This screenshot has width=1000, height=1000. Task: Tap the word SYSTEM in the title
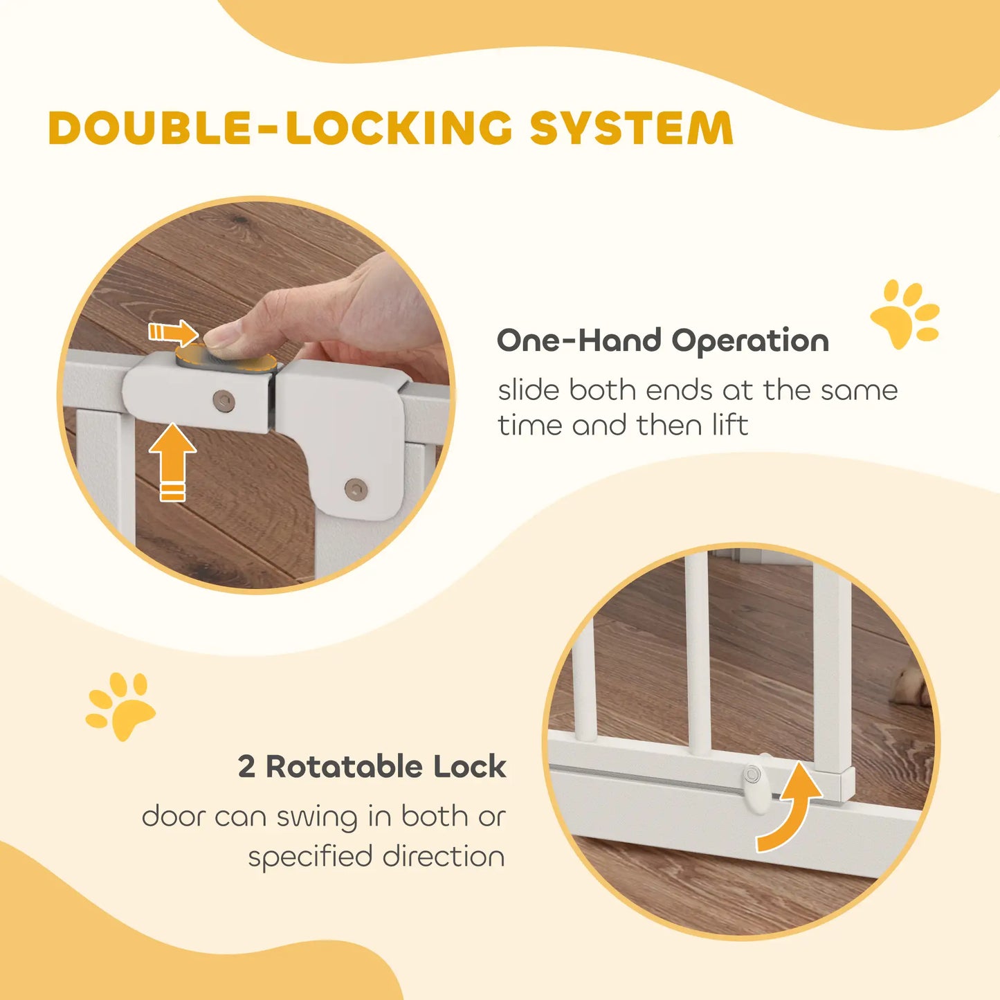(631, 129)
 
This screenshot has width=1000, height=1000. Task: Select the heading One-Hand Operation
(662, 341)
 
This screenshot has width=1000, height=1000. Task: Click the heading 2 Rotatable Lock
(372, 767)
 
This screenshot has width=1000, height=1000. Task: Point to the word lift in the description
(728, 425)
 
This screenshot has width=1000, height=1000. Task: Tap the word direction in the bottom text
(444, 857)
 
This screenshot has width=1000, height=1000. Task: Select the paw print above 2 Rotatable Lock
(120, 705)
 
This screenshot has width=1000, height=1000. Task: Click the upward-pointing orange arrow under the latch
(172, 460)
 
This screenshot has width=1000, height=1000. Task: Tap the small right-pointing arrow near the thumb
(173, 333)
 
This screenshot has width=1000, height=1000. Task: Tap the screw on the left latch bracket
(224, 400)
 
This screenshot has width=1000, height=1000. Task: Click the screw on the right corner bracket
(356, 489)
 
